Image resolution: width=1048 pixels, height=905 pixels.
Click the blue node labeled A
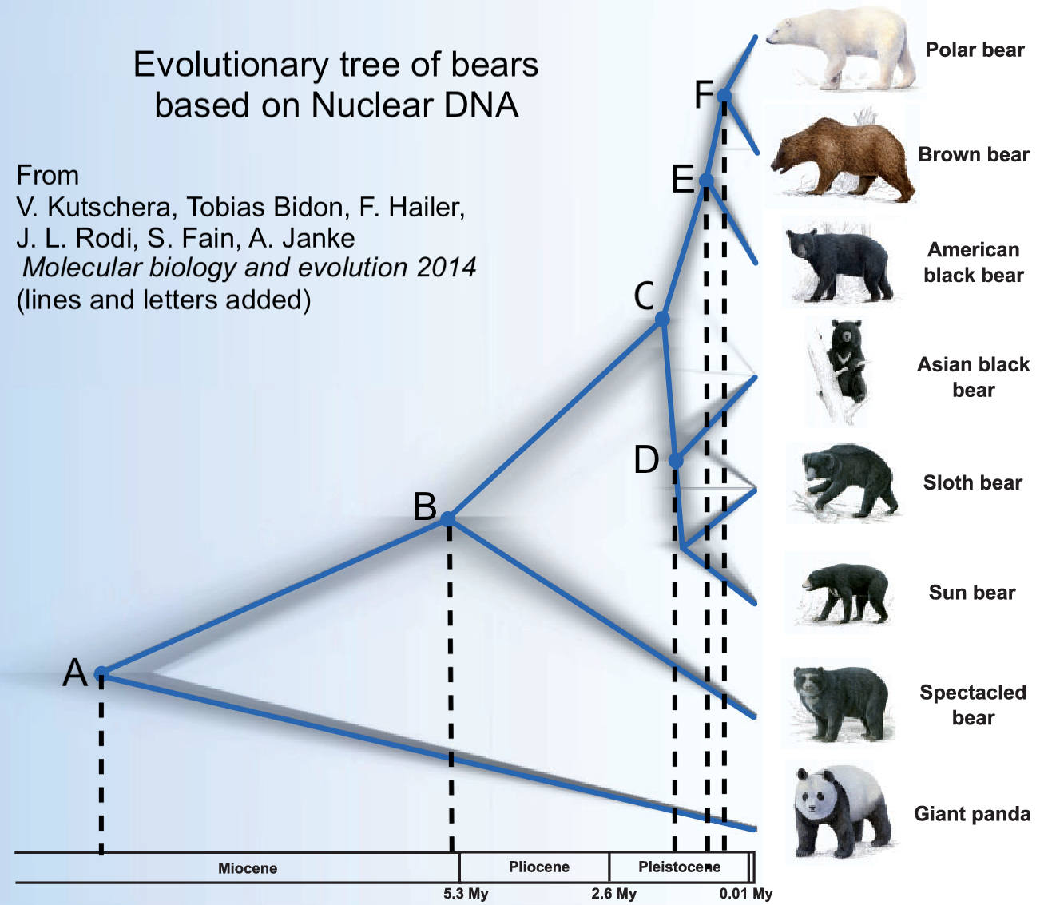[101, 673]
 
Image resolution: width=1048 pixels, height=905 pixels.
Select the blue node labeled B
[447, 518]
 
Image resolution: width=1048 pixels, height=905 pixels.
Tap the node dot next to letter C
[662, 319]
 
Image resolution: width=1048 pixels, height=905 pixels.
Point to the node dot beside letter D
[676, 461]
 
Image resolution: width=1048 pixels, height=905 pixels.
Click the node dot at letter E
[706, 180]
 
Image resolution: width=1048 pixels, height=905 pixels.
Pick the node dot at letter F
[724, 95]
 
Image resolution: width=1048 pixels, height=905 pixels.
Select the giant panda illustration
[842, 812]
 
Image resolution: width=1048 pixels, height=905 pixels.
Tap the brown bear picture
[843, 157]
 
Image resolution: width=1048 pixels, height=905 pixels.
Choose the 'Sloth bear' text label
[972, 482]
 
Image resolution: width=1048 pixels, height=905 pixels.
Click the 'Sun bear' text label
[972, 592]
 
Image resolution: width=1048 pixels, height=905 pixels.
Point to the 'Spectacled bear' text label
[973, 705]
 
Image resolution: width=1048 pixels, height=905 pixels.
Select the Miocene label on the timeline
[248, 868]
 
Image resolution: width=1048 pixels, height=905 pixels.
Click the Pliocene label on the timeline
[539, 867]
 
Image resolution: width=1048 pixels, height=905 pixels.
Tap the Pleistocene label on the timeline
[680, 867]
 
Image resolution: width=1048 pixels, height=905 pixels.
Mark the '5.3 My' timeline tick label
[466, 893]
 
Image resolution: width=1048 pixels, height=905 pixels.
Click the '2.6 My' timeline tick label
[613, 893]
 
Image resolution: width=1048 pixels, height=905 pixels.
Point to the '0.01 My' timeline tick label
[746, 893]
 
